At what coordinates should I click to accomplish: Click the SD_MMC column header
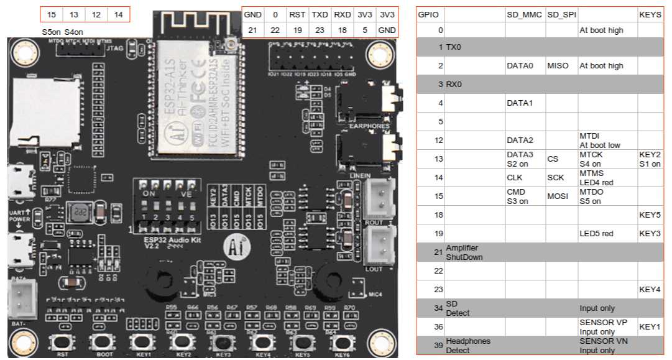click(x=524, y=14)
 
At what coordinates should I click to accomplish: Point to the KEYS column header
click(x=650, y=14)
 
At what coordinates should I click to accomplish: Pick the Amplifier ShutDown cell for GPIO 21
click(x=475, y=252)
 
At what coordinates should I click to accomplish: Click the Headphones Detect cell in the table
click(x=475, y=346)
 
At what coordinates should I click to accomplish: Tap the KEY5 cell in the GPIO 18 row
click(x=650, y=215)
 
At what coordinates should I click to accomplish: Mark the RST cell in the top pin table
click(x=297, y=14)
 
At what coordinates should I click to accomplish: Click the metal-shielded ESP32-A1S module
click(x=195, y=93)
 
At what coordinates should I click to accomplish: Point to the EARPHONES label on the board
click(x=369, y=126)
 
